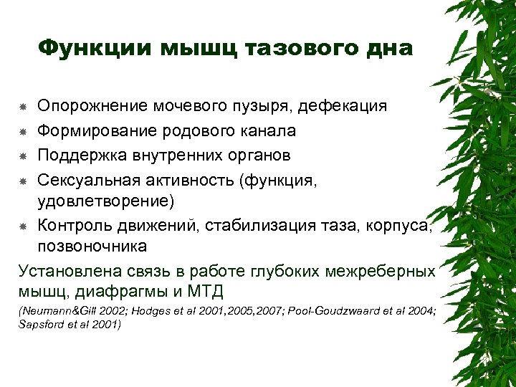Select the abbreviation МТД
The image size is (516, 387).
(207, 291)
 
